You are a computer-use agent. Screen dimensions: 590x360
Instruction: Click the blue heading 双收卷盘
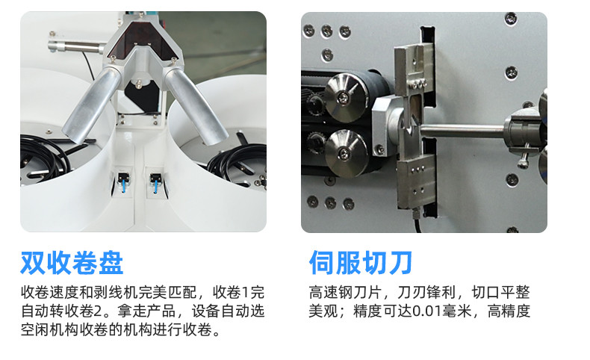click(72, 263)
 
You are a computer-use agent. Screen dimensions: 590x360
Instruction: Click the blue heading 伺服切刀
click(361, 263)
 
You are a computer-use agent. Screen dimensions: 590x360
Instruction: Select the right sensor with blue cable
click(155, 181)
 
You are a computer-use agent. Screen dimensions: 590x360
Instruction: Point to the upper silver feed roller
click(345, 98)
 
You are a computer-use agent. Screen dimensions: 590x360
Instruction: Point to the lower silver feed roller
click(346, 153)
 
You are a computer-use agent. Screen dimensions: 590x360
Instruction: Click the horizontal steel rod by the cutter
click(462, 131)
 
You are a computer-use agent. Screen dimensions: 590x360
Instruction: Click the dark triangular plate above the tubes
click(142, 37)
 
